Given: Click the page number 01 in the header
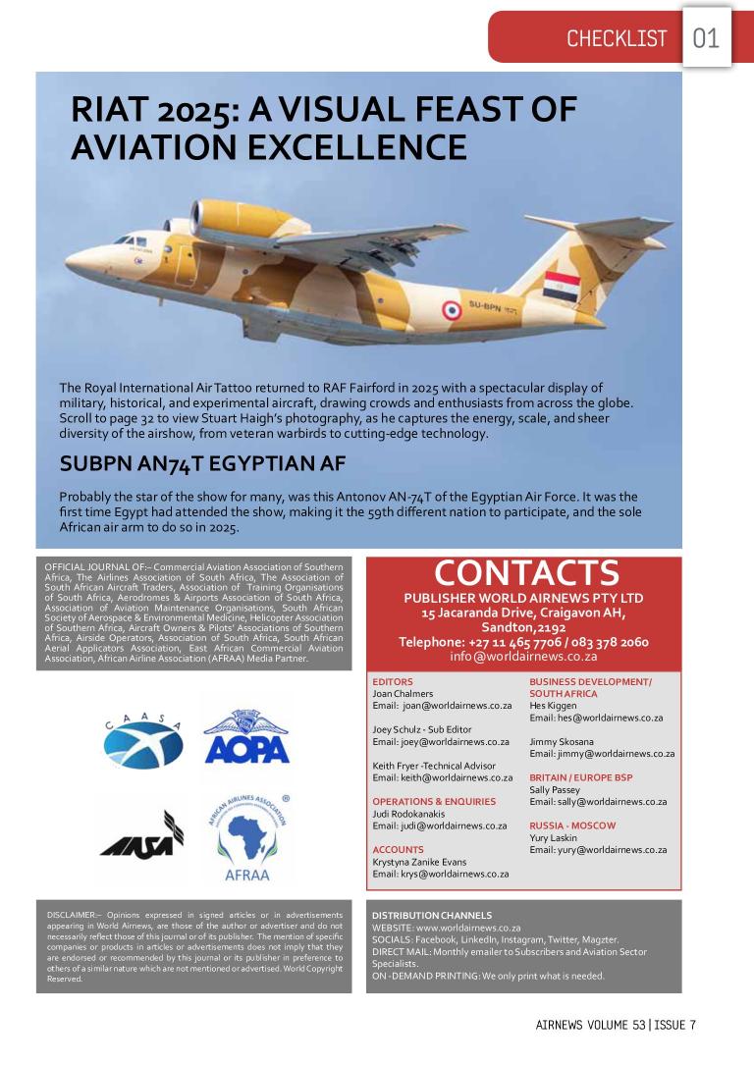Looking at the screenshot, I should [706, 38].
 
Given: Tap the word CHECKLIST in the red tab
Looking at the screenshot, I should [616, 39].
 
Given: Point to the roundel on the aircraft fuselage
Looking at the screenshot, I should [451, 311].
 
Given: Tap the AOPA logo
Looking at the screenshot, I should [246, 739].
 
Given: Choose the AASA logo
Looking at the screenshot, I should [140, 834].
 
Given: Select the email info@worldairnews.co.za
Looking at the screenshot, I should [523, 657].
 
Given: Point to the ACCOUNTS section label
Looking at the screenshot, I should [398, 849].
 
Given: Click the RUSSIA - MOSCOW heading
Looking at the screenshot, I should [572, 825].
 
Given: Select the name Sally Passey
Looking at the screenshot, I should [555, 789].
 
